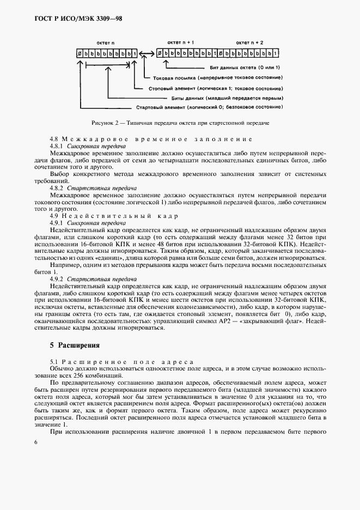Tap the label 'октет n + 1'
tap(180, 41)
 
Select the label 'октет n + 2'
tap(249, 41)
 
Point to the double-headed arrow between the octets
tap(145, 53)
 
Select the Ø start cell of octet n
tap(80, 53)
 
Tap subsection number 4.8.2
tap(57, 187)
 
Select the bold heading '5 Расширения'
tap(74, 345)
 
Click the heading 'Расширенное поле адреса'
tap(126, 362)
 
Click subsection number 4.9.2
tap(57, 278)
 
